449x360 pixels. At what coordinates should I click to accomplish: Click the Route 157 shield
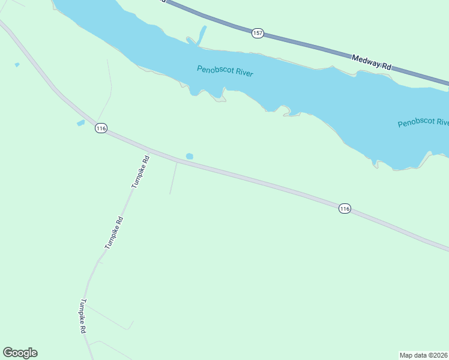click(258, 33)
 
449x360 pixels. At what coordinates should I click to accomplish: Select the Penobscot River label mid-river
click(225, 71)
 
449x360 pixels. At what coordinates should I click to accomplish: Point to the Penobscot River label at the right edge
click(423, 123)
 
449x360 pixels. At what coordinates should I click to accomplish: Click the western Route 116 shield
click(101, 128)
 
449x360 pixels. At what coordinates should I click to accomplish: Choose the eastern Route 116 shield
click(344, 208)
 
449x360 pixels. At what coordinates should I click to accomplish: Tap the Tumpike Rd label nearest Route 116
click(140, 172)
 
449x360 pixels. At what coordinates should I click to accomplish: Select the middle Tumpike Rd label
click(114, 233)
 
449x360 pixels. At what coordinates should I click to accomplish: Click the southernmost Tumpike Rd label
click(84, 316)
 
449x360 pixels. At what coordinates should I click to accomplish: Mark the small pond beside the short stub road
click(190, 157)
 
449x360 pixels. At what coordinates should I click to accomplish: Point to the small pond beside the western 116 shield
click(80, 123)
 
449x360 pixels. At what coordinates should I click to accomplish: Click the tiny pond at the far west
click(17, 64)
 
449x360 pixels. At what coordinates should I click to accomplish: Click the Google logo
click(20, 353)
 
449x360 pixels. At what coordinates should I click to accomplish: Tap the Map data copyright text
click(424, 355)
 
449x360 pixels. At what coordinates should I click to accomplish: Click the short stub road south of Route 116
click(173, 179)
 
